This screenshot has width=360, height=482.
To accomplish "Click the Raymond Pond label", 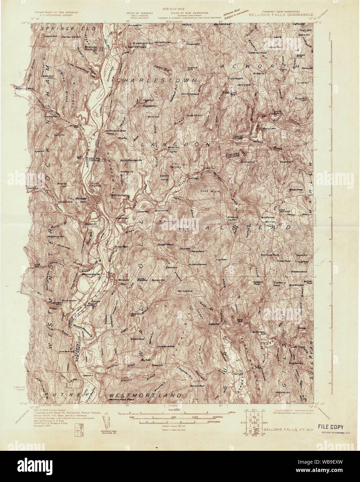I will [270, 255].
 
